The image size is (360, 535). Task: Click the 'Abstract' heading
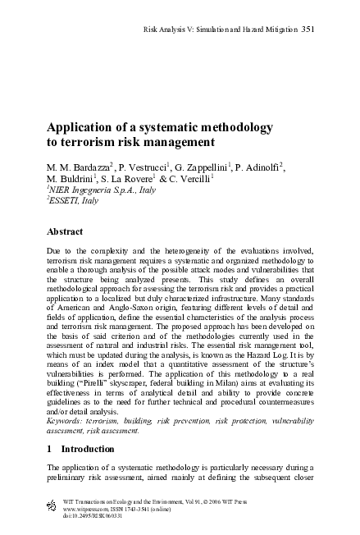(66, 232)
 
